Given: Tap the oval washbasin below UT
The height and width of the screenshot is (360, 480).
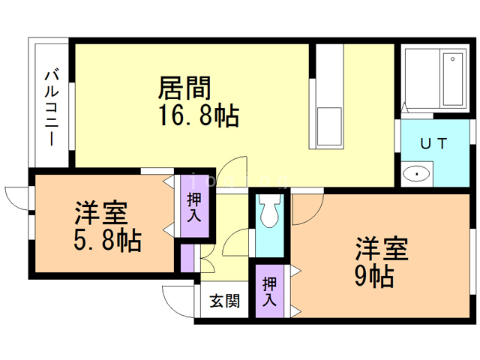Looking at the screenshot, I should tap(414, 175).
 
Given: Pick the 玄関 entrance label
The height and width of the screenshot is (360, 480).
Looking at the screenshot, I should tap(224, 301).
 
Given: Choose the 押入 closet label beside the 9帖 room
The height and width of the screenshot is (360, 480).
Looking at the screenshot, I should tap(269, 291).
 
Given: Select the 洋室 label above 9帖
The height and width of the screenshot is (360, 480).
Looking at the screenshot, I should tap(381, 248).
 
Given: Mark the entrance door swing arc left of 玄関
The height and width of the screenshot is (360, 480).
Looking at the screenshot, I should tap(178, 298).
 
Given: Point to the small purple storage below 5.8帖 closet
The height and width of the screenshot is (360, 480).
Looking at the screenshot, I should tap(186, 257).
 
